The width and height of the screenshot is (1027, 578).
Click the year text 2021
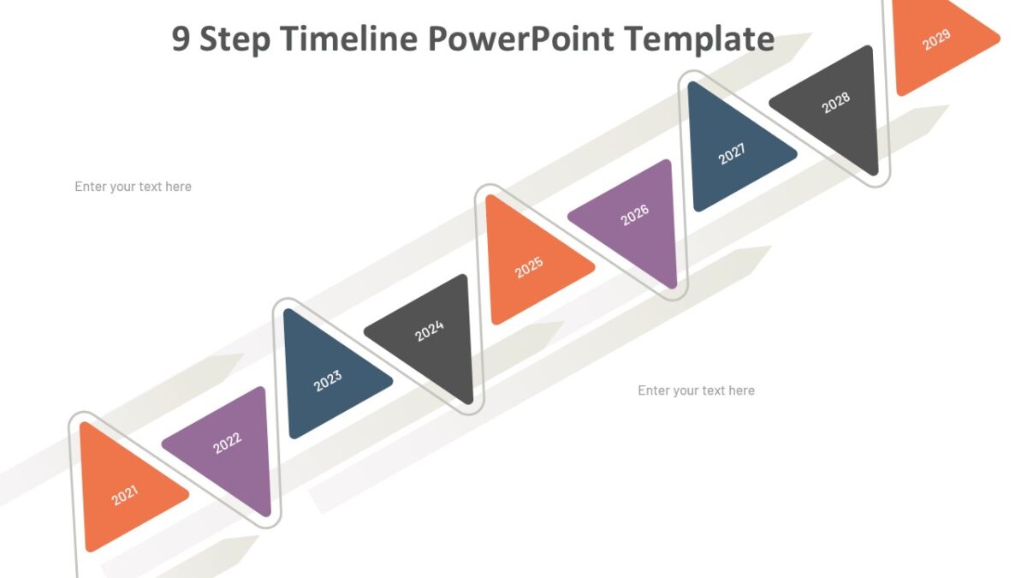coord(125,496)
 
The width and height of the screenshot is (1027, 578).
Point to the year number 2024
coord(430,331)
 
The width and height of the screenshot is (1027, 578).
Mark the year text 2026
coord(635,215)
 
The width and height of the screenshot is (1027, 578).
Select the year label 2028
coord(836,103)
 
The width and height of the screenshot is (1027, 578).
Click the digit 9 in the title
coord(181,39)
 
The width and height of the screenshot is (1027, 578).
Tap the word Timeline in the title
coord(351,39)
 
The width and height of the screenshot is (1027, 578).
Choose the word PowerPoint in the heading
coord(520,39)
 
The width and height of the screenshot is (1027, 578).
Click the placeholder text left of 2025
coord(133,187)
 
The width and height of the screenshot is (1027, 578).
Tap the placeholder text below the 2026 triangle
coord(696,390)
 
